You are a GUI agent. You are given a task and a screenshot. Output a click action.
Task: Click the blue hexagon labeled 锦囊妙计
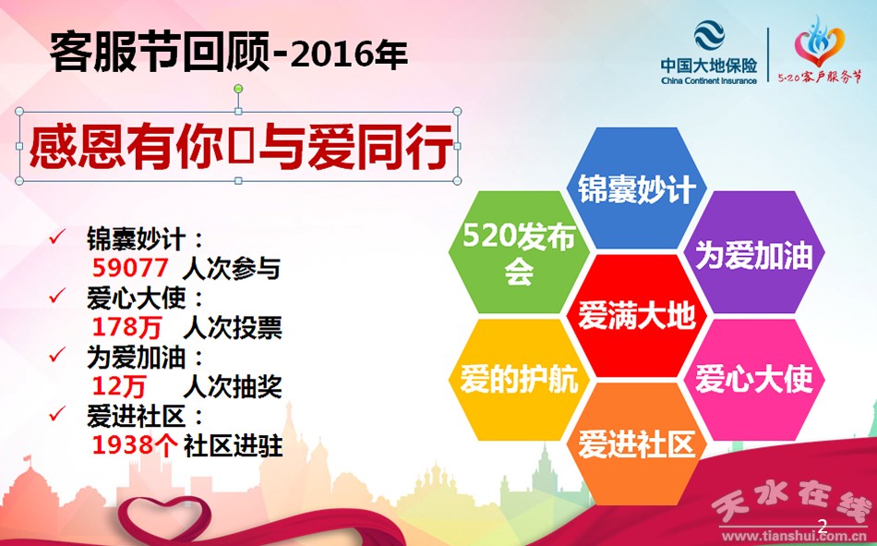pyautogui.click(x=636, y=188)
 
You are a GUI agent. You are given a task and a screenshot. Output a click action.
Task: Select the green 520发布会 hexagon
pyautogui.click(x=519, y=251)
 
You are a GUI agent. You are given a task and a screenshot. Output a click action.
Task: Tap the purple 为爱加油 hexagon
pyautogui.click(x=754, y=251)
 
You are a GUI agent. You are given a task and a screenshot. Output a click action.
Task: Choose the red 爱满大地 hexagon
pyautogui.click(x=636, y=316)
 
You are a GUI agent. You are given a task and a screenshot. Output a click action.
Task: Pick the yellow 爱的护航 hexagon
pyautogui.click(x=519, y=380)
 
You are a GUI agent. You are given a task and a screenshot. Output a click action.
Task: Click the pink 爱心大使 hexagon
pyautogui.click(x=754, y=380)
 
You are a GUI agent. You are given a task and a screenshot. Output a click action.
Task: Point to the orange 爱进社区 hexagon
pyautogui.click(x=636, y=443)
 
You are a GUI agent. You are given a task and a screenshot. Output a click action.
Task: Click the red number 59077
pyautogui.click(x=130, y=268)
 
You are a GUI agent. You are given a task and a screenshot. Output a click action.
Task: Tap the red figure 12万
pyautogui.click(x=119, y=386)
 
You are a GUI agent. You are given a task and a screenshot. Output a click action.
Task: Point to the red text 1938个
pyautogui.click(x=135, y=445)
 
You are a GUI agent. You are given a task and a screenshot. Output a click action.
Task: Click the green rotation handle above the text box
pyautogui.click(x=238, y=89)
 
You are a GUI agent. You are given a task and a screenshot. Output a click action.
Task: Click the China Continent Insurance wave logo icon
pyautogui.click(x=709, y=35)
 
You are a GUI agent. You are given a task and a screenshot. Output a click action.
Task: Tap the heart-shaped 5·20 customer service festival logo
pyautogui.click(x=820, y=41)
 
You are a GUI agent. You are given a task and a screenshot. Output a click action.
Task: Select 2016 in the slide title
pyautogui.click(x=324, y=55)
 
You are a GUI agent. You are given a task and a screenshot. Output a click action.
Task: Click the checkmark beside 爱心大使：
pyautogui.click(x=57, y=296)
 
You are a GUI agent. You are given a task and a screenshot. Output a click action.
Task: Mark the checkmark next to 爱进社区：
pyautogui.click(x=57, y=415)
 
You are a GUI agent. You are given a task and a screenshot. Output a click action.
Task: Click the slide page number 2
pyautogui.click(x=823, y=526)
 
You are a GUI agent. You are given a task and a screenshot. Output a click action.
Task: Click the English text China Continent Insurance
pyautogui.click(x=709, y=80)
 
